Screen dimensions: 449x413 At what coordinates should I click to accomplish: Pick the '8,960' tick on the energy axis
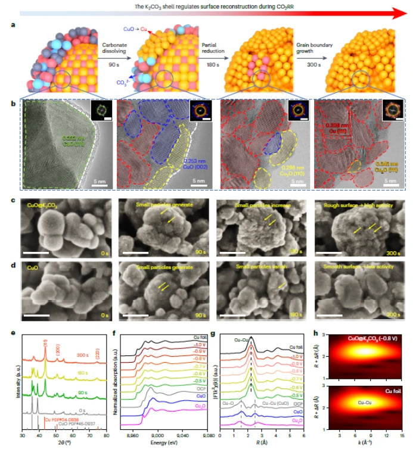pyautogui.click(x=134, y=435)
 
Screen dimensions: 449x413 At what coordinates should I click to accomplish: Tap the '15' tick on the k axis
pyautogui.click(x=403, y=435)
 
